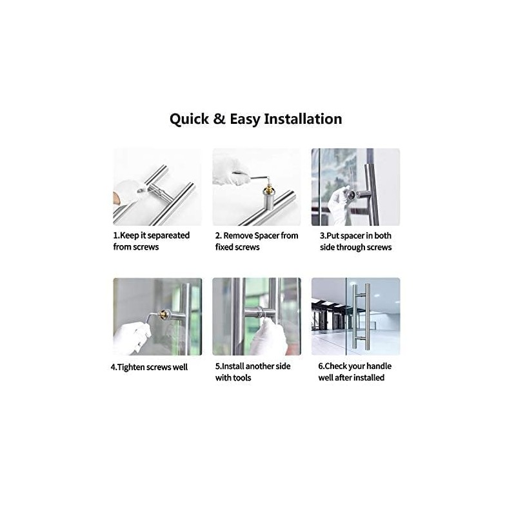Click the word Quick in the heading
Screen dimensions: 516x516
tap(189, 119)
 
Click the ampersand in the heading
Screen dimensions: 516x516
tap(219, 119)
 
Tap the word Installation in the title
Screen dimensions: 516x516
tap(303, 119)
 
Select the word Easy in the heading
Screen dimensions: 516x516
tap(244, 119)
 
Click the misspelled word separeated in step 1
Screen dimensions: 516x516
tap(168, 236)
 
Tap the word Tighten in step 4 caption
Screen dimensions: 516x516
tap(132, 367)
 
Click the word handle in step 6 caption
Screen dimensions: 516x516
tap(379, 366)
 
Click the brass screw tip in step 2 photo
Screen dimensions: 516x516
tap(270, 188)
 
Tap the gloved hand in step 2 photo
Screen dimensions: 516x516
tap(230, 171)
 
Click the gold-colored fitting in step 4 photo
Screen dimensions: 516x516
tap(163, 314)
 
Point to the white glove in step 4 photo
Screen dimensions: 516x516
tap(131, 337)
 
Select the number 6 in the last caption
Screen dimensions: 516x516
tap(320, 366)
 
